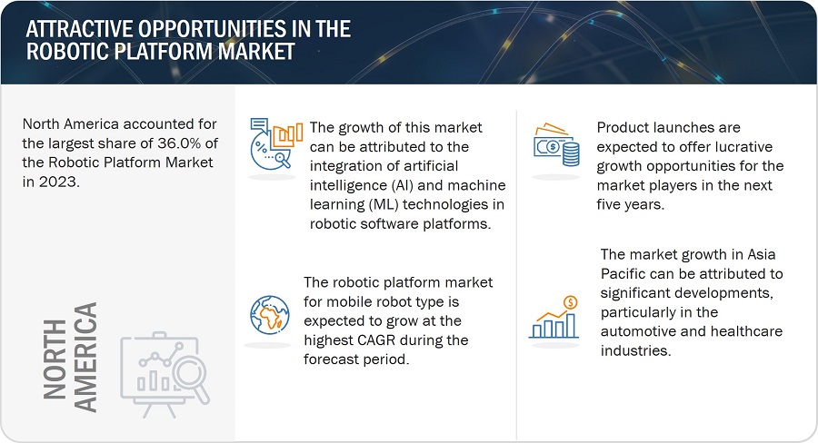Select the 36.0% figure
[x=179, y=143]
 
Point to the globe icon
[x=270, y=315]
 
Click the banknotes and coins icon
[x=556, y=145]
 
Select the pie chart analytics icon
[x=276, y=143]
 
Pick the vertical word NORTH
[x=55, y=359]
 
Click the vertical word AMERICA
[x=85, y=357]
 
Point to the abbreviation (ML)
[x=384, y=205]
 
